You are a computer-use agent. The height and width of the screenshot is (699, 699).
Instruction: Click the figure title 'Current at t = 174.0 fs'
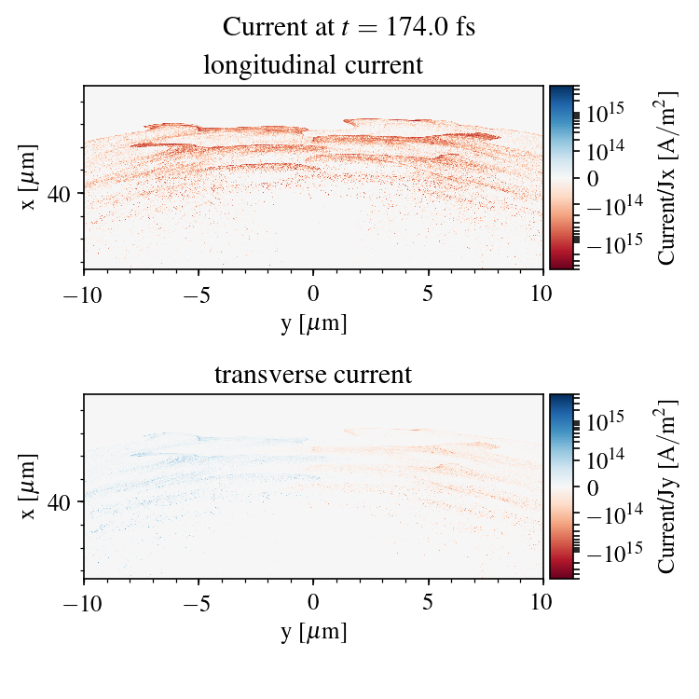pyautogui.click(x=349, y=27)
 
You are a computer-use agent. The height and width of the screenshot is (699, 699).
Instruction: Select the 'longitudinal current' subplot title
pyautogui.click(x=313, y=66)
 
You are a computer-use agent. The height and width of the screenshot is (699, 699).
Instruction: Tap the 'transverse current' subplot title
pyautogui.click(x=313, y=376)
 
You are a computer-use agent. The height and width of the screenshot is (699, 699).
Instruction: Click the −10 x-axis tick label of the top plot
pyautogui.click(x=84, y=295)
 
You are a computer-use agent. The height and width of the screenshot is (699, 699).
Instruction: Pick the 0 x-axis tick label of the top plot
pyautogui.click(x=313, y=295)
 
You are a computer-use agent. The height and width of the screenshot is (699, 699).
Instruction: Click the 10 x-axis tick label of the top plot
pyautogui.click(x=543, y=295)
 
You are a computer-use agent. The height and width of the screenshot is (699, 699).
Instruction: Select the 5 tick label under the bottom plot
pyautogui.click(x=429, y=604)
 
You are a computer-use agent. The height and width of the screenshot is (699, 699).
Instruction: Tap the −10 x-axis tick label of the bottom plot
pyautogui.click(x=84, y=604)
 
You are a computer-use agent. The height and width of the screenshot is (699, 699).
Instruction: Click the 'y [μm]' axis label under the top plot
pyautogui.click(x=313, y=322)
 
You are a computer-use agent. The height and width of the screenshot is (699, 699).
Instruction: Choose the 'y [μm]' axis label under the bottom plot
pyautogui.click(x=313, y=632)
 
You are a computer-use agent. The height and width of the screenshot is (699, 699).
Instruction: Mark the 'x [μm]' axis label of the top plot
pyautogui.click(x=30, y=177)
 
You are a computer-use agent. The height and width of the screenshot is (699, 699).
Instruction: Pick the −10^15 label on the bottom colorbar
pyautogui.click(x=610, y=551)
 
